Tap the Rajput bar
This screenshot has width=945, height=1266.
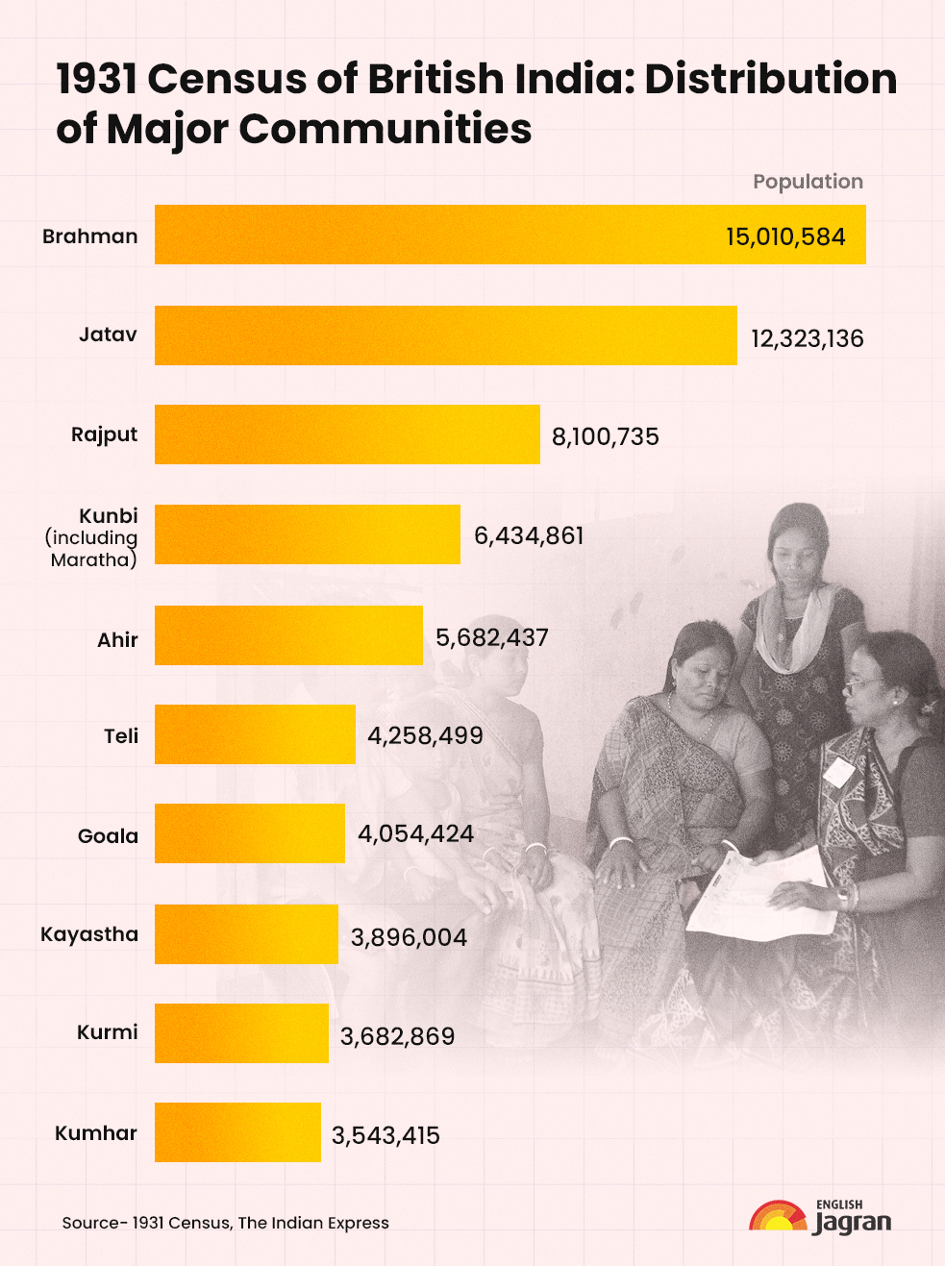347,434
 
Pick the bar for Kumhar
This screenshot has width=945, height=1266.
237,1132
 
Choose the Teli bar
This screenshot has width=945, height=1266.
255,734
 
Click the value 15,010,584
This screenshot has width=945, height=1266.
785,236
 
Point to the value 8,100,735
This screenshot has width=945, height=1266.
605,437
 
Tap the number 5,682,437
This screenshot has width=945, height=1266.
491,638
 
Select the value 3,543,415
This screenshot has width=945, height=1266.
385,1135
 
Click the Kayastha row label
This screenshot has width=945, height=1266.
89,934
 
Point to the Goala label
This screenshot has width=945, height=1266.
108,836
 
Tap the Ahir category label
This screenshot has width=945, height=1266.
117,640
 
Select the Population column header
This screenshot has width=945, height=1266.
808,182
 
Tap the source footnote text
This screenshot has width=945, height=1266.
226,1223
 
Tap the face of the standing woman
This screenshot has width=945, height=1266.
797,548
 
